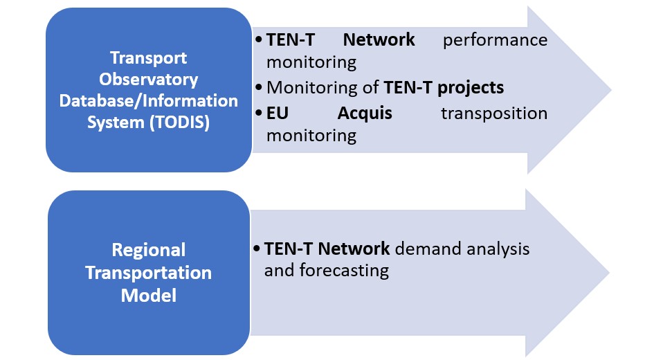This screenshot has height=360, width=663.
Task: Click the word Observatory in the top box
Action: click(148, 80)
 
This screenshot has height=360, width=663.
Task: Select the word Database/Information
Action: click(148, 100)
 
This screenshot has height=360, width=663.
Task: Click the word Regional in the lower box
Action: click(148, 251)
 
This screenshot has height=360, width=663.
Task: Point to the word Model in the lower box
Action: click(148, 296)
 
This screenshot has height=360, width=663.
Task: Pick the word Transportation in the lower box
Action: click(148, 273)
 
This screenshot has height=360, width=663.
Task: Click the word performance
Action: click(495, 41)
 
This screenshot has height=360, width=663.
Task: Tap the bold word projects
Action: click(471, 88)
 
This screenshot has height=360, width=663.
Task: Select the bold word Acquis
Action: click(365, 114)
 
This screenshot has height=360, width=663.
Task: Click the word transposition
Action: click(494, 114)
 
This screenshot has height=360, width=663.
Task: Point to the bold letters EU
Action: click(278, 114)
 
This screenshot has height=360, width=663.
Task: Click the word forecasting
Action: click(344, 271)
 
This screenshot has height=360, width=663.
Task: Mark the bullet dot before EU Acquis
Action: click(259, 114)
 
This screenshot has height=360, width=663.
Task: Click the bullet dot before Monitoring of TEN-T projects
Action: click(259, 87)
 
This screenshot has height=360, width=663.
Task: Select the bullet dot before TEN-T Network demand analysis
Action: click(257, 249)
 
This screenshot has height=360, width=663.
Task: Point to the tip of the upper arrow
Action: click(611, 90)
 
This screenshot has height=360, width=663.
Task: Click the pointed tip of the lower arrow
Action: click(609, 273)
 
